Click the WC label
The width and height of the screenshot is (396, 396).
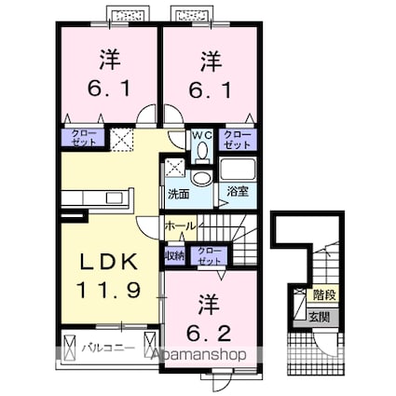click(202, 135)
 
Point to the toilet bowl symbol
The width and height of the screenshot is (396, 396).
click(202, 150)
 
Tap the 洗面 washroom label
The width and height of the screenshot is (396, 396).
click(178, 195)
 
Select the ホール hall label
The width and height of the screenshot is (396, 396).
click(179, 226)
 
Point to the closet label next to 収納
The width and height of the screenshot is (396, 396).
click(210, 255)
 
